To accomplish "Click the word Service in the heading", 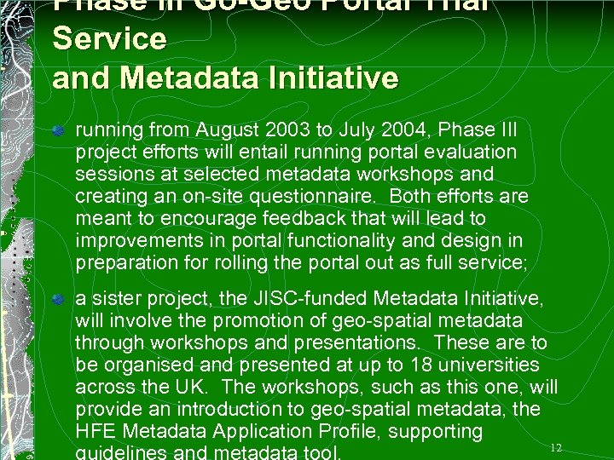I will (109, 38).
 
